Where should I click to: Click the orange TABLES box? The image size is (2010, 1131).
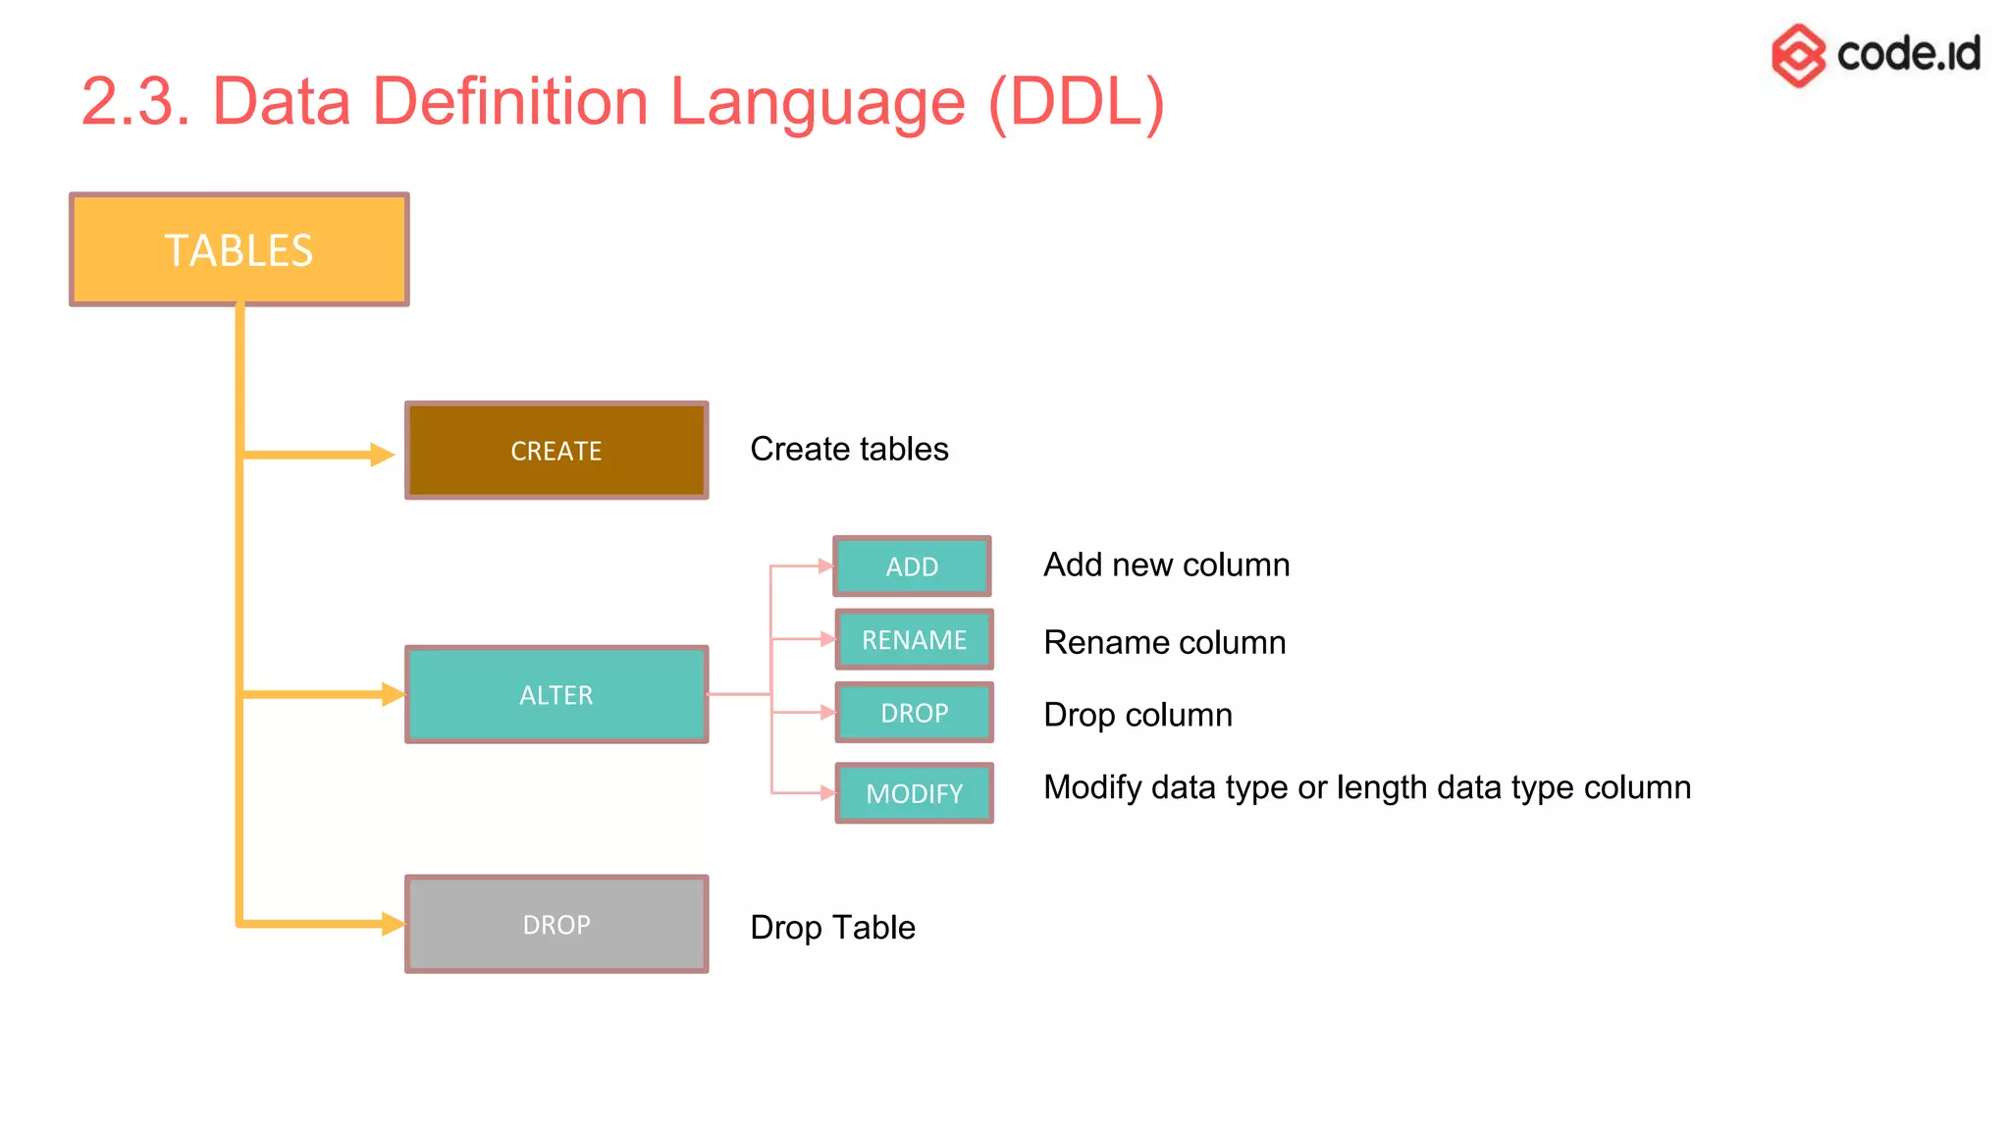coord(238,249)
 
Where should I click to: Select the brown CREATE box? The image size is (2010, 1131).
coord(556,451)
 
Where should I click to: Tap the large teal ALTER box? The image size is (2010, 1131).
coord(556,694)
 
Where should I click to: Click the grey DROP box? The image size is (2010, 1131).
coord(556,924)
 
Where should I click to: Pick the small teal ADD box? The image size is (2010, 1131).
coord(912,566)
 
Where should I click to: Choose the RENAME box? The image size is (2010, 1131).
coord(914,639)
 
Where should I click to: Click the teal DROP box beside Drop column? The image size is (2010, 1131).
coord(914,712)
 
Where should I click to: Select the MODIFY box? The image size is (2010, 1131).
coord(914,792)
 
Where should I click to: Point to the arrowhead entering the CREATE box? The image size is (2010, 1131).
coord(382,455)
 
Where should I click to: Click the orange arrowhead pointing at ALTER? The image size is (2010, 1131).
coord(393,694)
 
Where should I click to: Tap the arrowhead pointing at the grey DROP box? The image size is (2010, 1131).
coord(393,924)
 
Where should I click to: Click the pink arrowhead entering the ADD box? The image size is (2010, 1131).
coord(825,566)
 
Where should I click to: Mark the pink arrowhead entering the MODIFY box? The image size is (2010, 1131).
coord(827,792)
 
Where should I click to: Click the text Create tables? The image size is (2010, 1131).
coord(849,449)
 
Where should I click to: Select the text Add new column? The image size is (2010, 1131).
coord(1166,565)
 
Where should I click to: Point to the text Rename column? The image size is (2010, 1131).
coord(1164,642)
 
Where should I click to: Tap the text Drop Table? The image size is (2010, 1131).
coord(832,927)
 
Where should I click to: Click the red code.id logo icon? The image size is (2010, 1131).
coord(1798,55)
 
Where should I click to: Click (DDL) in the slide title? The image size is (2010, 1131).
coord(1076,101)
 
